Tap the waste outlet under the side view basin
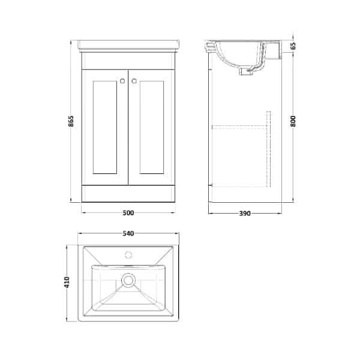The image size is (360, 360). (x=246, y=71)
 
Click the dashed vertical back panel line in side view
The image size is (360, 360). (x=268, y=150)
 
